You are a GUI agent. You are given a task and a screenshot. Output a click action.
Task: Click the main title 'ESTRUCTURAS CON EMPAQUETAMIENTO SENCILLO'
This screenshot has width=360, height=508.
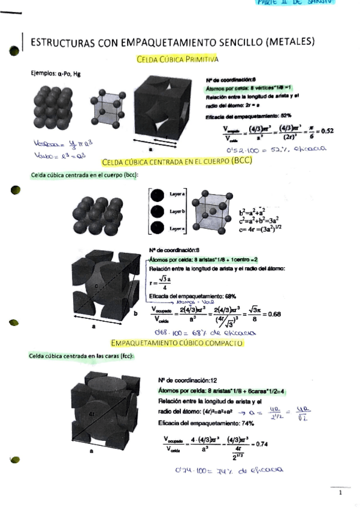[173, 43]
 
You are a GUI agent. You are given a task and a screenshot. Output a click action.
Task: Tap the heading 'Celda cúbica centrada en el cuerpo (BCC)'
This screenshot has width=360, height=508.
[177, 161]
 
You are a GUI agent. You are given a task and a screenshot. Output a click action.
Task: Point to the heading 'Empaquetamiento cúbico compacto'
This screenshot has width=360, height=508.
[177, 343]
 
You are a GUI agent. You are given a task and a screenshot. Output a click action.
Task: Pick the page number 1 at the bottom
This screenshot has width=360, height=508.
[340, 493]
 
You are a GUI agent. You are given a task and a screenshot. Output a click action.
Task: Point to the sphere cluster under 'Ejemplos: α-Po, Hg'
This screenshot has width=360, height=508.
[53, 108]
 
